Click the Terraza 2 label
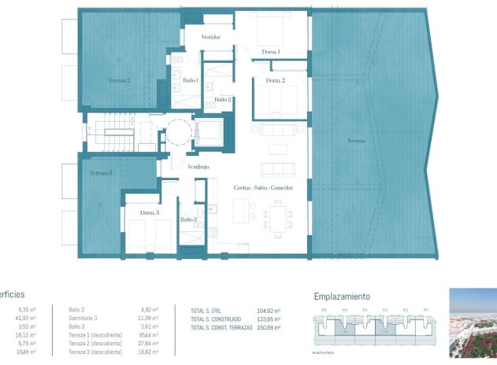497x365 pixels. (119, 80)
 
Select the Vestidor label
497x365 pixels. (210, 37)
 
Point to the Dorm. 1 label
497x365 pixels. (272, 52)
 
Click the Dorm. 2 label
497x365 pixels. (275, 81)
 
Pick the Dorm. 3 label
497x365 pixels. (150, 213)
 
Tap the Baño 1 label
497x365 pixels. (191, 80)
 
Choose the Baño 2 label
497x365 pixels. (222, 100)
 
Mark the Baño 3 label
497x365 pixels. (188, 219)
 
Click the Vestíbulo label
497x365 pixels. (198, 168)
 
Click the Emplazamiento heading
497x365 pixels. (342, 297)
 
